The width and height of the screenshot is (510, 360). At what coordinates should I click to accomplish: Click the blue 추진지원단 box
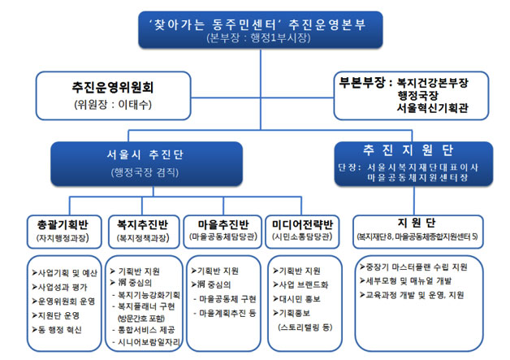413,160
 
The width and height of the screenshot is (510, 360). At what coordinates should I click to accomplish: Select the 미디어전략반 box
305,229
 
